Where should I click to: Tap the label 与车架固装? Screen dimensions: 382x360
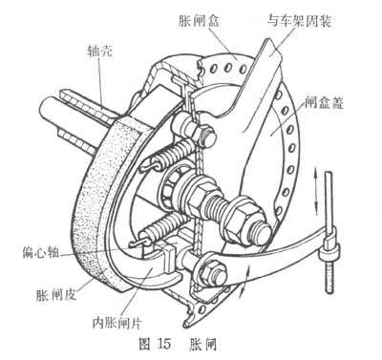299,22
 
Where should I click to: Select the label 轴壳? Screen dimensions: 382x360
99,52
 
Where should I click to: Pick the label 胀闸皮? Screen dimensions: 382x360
56,295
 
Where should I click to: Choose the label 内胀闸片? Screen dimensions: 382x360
117,323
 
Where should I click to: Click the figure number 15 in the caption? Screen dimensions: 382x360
163,344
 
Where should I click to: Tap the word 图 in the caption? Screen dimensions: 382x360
145,344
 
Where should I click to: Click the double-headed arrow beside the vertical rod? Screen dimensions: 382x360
315,191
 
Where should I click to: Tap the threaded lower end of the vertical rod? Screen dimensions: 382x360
329,276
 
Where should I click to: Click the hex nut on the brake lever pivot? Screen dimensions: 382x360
211,270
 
